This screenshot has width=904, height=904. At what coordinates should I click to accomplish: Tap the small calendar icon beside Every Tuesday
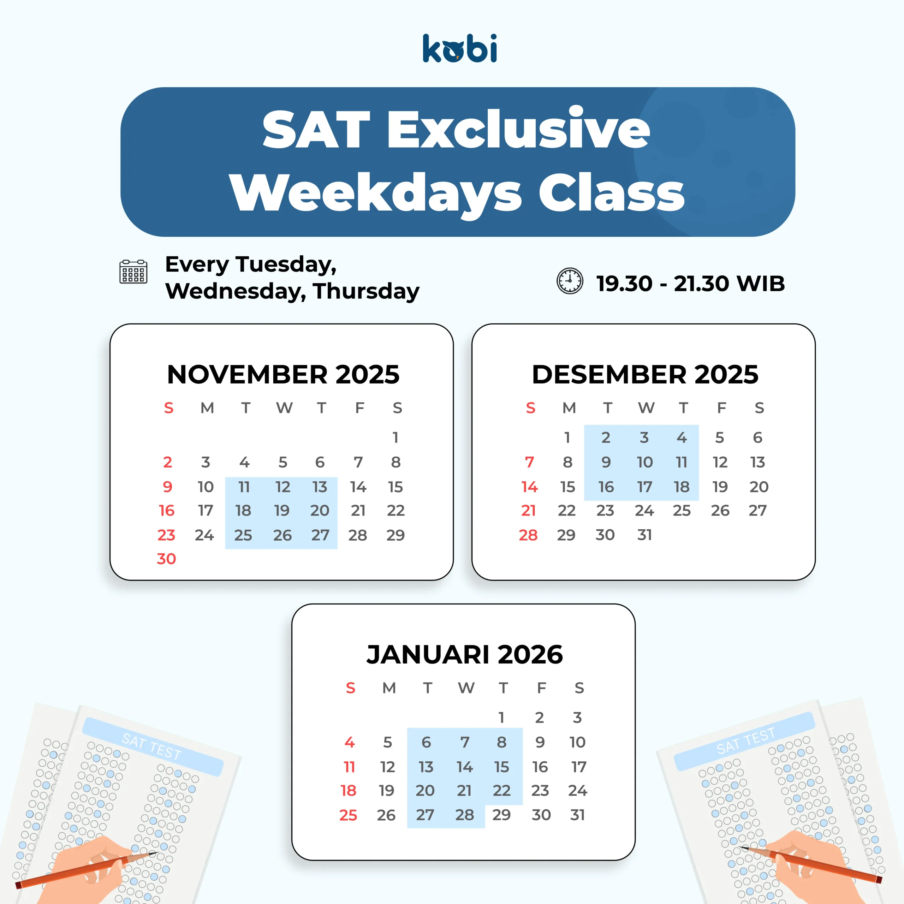point(133,272)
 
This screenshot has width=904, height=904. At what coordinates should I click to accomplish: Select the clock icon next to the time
point(570,281)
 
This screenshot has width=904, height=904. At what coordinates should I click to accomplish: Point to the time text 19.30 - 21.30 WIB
point(691,284)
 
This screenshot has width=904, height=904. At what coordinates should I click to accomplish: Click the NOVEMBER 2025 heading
point(283,374)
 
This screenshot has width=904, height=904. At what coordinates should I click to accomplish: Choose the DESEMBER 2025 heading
point(645,374)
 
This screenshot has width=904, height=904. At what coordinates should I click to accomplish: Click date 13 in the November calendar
point(320,487)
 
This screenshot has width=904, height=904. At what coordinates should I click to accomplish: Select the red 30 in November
point(166,559)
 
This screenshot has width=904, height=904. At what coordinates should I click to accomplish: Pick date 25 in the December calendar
point(682,511)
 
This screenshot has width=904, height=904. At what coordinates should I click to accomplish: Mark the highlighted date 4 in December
point(682,438)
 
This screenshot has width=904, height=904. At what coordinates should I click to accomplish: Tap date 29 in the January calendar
point(501,815)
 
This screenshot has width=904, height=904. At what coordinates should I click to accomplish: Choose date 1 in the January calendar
point(501,717)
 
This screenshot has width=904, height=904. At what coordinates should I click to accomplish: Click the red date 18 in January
point(348,790)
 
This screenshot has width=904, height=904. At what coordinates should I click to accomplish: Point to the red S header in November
point(168,408)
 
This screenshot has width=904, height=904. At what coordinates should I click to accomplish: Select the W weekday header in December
point(646,408)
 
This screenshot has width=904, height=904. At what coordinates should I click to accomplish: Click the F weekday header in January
point(541,688)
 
